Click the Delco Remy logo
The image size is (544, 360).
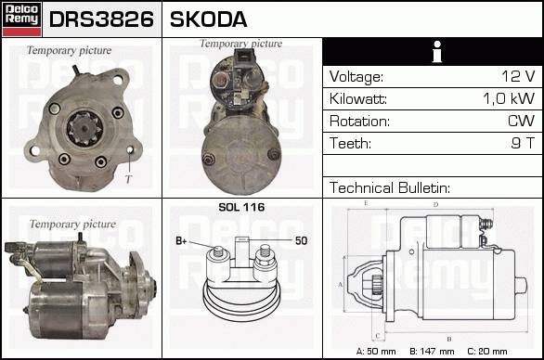(21, 19)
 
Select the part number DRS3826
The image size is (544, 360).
(101, 19)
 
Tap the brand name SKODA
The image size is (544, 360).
(209, 19)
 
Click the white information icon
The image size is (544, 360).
(437, 52)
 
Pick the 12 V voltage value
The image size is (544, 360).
(518, 76)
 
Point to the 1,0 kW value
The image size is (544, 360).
(509, 98)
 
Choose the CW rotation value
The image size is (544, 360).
(521, 121)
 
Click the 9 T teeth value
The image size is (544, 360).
(523, 143)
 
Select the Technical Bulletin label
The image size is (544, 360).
(389, 187)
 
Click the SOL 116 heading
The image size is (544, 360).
(241, 207)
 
